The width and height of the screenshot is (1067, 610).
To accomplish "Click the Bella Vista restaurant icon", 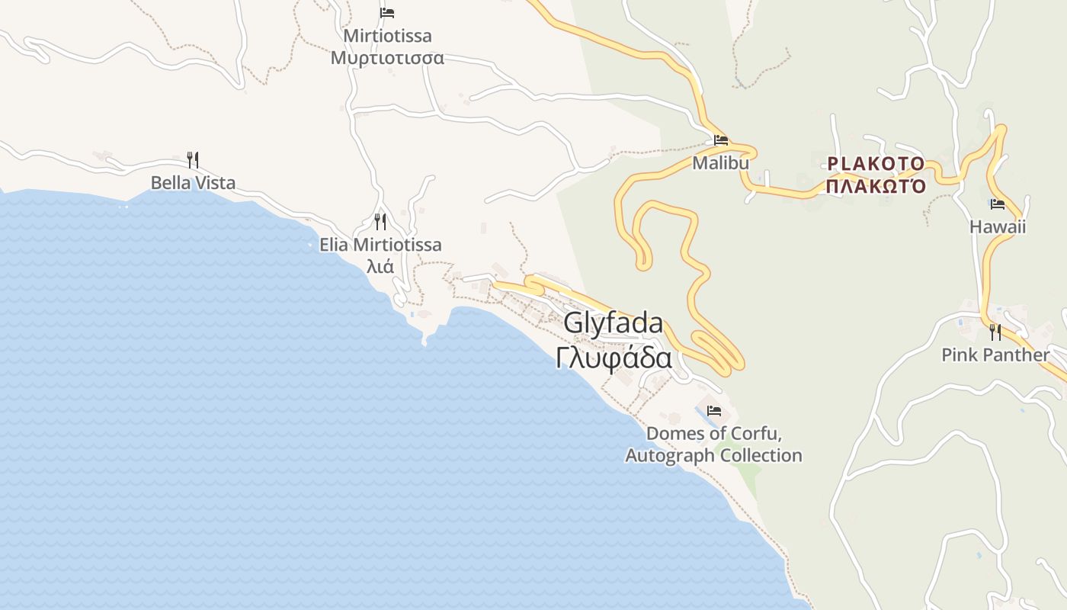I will click(x=193, y=160).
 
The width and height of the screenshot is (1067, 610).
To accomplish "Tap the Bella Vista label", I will click(x=193, y=183).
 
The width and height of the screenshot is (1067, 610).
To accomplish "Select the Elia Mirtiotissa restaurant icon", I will click(x=380, y=222).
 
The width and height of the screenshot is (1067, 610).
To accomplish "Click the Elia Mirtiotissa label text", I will click(x=380, y=245).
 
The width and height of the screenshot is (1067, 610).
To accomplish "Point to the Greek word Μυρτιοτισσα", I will click(x=387, y=58).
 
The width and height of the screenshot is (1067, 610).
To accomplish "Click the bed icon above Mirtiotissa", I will click(x=387, y=13).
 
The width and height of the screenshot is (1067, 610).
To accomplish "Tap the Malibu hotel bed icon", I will click(x=720, y=140).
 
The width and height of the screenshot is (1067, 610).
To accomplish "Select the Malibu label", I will click(x=720, y=163).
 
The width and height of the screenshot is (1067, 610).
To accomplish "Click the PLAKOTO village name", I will click(x=876, y=164).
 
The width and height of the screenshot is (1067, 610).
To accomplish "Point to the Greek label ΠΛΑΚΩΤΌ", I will click(x=876, y=187).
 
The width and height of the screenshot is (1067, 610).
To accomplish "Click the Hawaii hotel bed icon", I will click(x=997, y=204).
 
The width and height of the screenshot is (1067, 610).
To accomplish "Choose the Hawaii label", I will click(x=997, y=226).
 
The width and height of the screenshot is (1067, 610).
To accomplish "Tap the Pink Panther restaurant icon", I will click(x=995, y=332).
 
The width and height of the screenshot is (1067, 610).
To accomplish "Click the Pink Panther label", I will click(x=995, y=355).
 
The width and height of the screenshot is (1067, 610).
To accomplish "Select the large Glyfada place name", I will click(x=614, y=323).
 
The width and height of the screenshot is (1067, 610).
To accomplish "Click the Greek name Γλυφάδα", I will click(x=614, y=358).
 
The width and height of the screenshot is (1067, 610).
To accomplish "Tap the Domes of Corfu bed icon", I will click(x=713, y=410).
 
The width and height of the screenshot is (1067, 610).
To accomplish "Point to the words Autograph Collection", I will click(x=713, y=456).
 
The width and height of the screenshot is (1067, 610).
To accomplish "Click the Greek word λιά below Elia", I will click(x=380, y=267).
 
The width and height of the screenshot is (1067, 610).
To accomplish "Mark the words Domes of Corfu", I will click(x=713, y=434).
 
